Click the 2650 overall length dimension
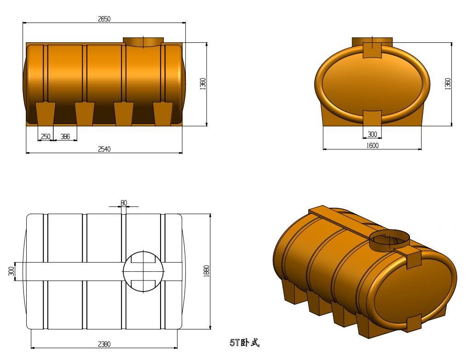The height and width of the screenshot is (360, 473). pos(104,19)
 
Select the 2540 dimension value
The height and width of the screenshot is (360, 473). pos(104,149)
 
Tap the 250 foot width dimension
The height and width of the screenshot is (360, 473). pos(46,137)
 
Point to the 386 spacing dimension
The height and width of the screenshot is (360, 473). pos(65,137)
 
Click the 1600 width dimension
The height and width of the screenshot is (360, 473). pos(372,146)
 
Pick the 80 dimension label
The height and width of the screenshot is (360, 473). pos(123,203)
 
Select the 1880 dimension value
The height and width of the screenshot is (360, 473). pos(207,271)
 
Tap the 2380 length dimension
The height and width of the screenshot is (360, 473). pos(104,344)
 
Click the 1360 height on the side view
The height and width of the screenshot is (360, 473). pos(203,84)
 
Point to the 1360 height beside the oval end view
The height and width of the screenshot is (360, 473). pos(448,84)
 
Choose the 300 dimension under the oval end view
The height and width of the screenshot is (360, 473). pos(372,134)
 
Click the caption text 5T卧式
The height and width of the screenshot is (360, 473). pos(245,343)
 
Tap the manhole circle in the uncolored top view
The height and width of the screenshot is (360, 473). pos(143,271)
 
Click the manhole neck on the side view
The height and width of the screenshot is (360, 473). pos(143,42)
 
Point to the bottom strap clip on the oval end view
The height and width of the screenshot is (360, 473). pos(372,118)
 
